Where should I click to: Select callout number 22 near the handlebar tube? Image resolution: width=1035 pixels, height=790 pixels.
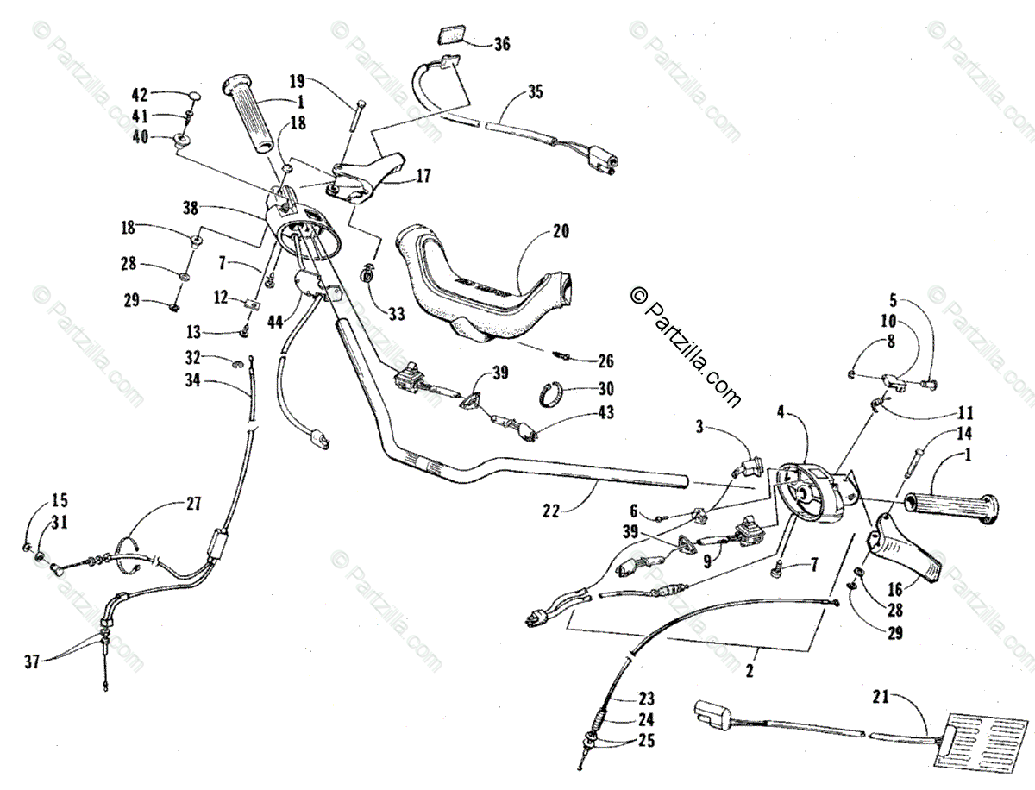click(552, 510)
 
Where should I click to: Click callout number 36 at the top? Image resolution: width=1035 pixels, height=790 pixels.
click(501, 43)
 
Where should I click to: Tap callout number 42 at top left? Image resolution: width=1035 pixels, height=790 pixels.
click(141, 94)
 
